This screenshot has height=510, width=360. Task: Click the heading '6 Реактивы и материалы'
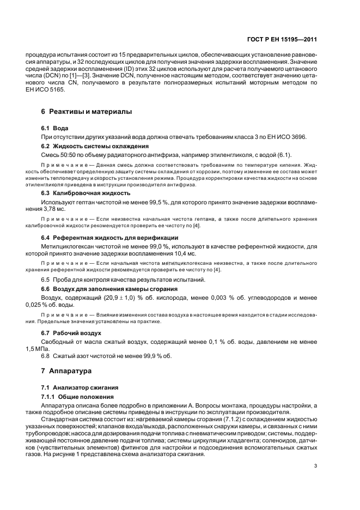pos(87,112)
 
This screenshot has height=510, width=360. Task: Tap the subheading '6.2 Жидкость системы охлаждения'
pos(90,146)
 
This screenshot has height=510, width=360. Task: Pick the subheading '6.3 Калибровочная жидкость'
pos(86,193)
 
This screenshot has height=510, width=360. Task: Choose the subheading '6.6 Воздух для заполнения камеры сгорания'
pos(109,288)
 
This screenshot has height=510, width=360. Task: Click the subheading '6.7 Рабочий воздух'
pos(71,332)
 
